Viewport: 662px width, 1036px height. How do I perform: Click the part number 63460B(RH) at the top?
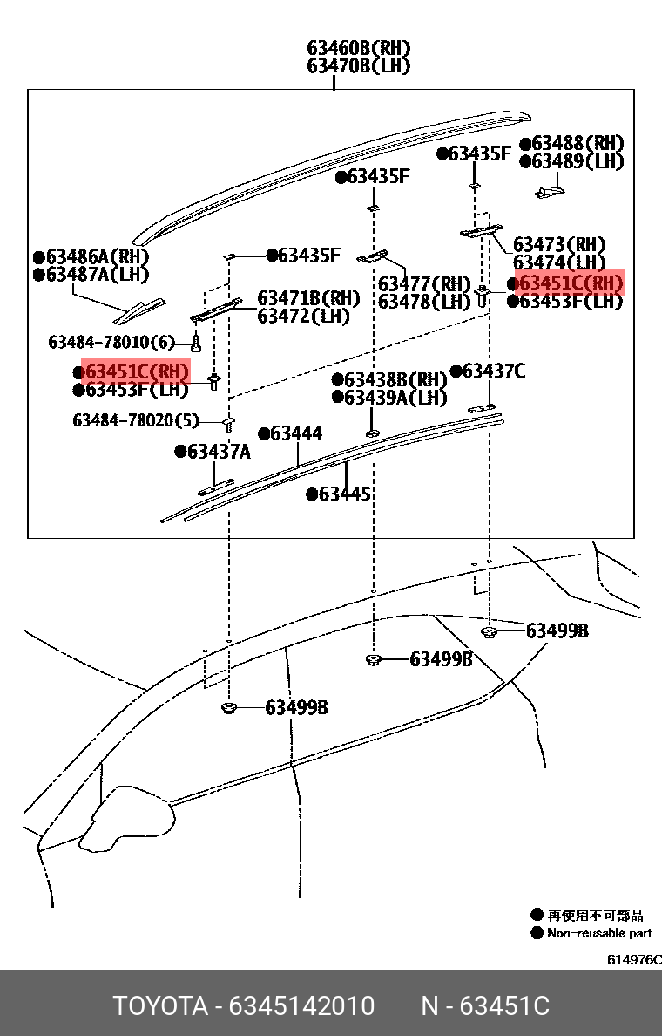point(358,48)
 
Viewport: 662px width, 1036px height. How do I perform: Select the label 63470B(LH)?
point(358,65)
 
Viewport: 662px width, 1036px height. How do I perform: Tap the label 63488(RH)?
point(578,143)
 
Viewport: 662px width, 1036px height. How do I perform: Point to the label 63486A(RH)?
point(97,256)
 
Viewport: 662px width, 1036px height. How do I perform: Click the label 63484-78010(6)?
point(111,342)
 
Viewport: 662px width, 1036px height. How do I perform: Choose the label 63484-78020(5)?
point(136,420)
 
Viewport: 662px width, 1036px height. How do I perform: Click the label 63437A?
point(218,451)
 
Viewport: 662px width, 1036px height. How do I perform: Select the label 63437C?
point(493,371)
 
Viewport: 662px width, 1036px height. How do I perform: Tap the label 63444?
point(295,433)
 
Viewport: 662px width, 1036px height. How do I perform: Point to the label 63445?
point(344,494)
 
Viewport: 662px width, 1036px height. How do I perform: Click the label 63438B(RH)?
point(395,379)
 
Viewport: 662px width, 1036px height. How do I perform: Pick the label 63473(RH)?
point(559,245)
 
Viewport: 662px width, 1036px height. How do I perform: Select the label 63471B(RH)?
point(308,298)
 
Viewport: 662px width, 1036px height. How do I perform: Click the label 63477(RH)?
point(424,284)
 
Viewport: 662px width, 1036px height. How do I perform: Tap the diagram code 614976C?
point(634,959)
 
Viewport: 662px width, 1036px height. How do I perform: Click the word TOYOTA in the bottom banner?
point(159,1006)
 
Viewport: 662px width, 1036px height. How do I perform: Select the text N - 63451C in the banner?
point(485,1006)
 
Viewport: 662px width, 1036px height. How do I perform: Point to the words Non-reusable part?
point(599,933)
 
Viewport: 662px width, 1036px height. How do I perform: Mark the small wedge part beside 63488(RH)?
point(549,189)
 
